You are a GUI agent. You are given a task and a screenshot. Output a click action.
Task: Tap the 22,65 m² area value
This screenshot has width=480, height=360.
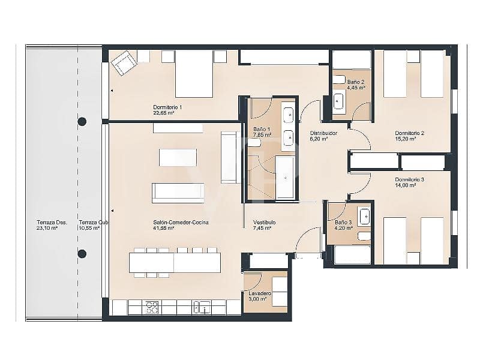(164, 113)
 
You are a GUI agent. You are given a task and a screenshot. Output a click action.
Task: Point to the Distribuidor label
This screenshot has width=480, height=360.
(323, 133)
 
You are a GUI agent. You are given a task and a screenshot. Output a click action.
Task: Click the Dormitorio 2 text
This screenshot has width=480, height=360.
(410, 133)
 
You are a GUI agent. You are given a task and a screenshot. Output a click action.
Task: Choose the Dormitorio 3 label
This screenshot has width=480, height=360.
(410, 179)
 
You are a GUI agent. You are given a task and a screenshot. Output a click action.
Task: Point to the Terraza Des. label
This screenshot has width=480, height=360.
(52, 222)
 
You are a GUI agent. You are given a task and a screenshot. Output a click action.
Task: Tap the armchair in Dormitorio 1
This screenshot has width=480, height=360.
(124, 62)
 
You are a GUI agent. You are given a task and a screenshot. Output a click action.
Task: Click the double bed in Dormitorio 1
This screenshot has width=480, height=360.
(194, 73)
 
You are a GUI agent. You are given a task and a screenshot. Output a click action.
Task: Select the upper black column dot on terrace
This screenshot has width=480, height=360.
(82, 121)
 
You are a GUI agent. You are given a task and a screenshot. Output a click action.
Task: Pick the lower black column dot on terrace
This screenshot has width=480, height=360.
(82, 253)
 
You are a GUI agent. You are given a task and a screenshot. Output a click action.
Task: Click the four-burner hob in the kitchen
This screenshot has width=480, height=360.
(152, 307)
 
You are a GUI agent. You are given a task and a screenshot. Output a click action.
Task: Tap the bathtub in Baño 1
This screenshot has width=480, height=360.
(285, 177)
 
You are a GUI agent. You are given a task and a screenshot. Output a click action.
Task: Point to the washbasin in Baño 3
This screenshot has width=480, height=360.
(364, 217)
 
